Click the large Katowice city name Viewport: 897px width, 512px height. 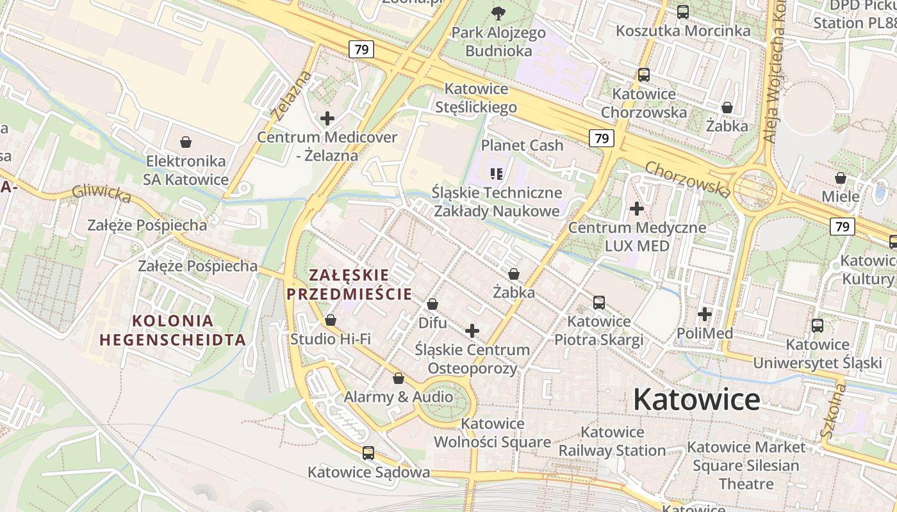coord(696,399)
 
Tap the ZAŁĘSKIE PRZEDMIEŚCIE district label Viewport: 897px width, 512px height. coord(349,285)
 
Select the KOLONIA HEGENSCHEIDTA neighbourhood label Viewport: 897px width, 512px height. coord(172,330)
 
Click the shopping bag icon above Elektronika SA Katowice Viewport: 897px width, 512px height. coord(186,141)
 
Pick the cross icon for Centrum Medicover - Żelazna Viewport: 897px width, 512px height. coord(327,118)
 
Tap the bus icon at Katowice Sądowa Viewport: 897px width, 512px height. coord(368,453)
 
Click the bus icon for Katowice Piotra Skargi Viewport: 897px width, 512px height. coord(599,302)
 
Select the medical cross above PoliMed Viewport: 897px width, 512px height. coord(705,314)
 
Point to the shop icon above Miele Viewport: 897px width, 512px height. coord(840,177)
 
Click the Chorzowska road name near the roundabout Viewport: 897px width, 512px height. coord(687,179)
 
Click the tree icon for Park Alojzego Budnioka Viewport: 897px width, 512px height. coord(498,13)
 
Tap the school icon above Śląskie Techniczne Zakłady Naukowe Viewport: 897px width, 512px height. coord(497,173)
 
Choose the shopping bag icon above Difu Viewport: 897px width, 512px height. coord(432,304)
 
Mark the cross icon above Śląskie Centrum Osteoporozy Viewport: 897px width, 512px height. coord(472,331)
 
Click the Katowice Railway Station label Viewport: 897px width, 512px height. coord(612,442)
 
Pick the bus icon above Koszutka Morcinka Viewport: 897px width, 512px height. coord(683,12)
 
